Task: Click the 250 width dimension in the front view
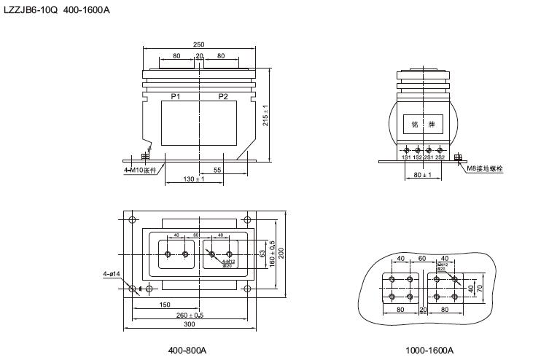point(199,45)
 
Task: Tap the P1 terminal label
point(176,97)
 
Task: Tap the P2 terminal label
point(223,97)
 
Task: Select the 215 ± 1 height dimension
point(266,116)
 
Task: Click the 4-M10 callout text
point(140,171)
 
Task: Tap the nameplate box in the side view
point(424,124)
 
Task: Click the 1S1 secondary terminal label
point(406,157)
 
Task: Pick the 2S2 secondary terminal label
point(440,157)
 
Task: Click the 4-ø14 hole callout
point(112,274)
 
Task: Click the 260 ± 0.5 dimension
point(190,315)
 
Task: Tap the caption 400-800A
point(187,350)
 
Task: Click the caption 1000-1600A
point(429,350)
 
